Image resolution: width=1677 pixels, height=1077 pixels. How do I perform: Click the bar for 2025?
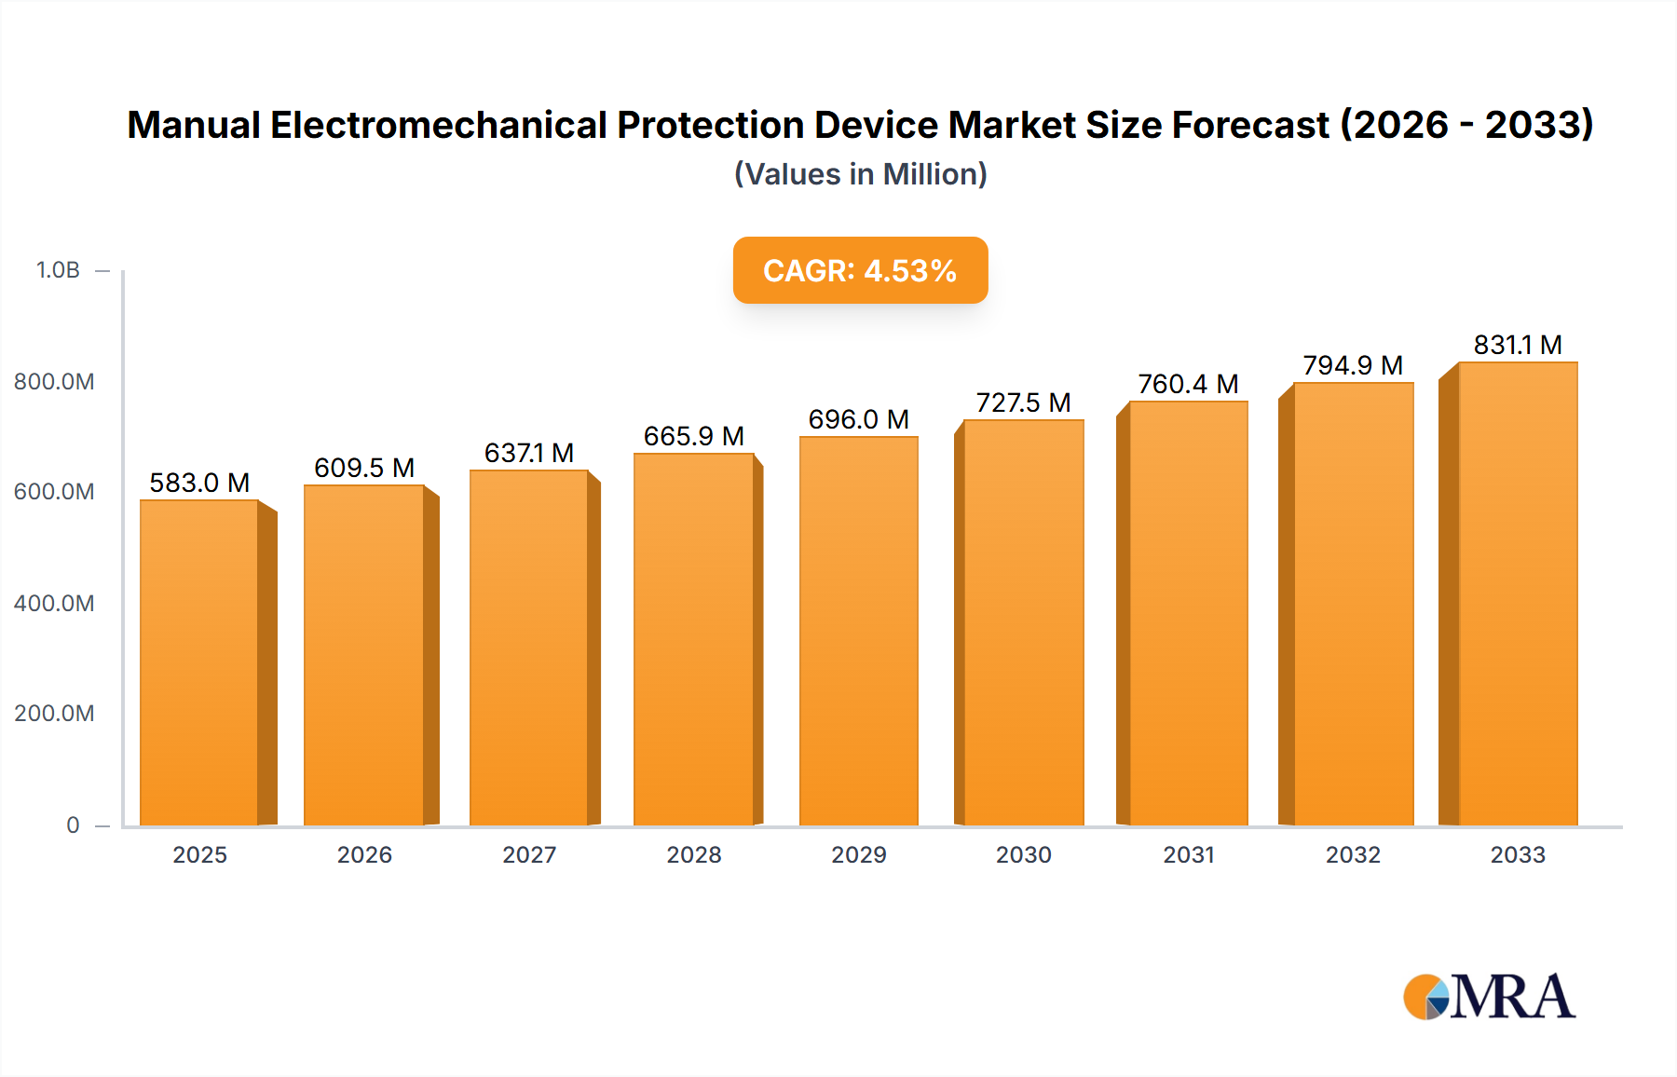[199, 663]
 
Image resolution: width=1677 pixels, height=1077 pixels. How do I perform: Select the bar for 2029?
[858, 632]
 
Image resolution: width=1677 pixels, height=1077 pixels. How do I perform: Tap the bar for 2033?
[1517, 594]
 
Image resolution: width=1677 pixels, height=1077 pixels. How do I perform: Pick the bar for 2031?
[1188, 614]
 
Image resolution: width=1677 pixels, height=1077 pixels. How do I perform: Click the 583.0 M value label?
[199, 483]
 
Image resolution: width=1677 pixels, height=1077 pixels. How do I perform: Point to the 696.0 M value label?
[858, 419]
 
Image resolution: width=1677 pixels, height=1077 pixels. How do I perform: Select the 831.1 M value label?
[1517, 345]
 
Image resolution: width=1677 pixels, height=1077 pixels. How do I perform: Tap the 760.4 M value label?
[1188, 384]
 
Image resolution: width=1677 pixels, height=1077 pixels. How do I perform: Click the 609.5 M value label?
[364, 468]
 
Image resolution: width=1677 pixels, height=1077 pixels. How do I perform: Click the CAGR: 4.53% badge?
[860, 270]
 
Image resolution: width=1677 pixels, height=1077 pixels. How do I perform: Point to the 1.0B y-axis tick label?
[58, 270]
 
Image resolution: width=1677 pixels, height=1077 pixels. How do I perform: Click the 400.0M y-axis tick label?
[54, 604]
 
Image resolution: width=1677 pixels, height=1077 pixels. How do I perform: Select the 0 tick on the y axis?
[73, 825]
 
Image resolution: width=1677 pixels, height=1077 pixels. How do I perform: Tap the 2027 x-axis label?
[529, 855]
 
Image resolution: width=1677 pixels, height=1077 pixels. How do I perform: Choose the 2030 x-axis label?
[1023, 855]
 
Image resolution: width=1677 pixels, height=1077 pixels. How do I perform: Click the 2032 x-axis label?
[1353, 855]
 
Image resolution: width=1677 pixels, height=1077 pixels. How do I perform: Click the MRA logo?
[1489, 997]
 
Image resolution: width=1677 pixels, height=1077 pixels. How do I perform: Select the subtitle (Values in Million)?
[860, 174]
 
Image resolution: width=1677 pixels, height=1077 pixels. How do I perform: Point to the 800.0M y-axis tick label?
[54, 382]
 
